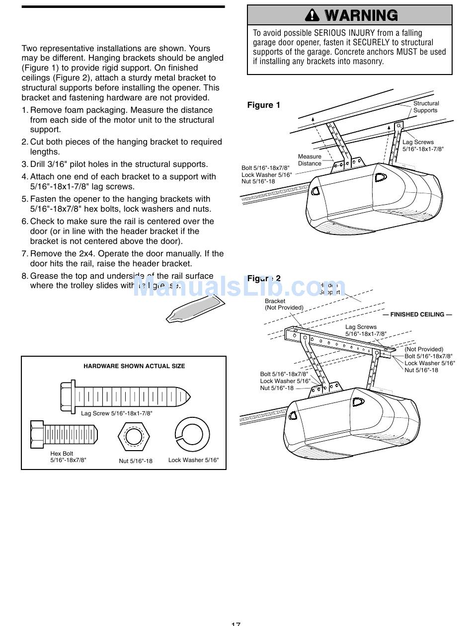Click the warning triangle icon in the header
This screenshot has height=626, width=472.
(312, 15)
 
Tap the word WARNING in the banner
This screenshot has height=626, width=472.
(361, 15)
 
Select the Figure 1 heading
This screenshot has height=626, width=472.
(264, 105)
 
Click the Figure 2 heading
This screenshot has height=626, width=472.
(264, 278)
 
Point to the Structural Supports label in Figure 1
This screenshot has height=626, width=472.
(426, 107)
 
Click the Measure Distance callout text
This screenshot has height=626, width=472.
(310, 160)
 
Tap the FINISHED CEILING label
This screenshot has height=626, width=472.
(417, 314)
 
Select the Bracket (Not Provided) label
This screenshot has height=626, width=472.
(284, 304)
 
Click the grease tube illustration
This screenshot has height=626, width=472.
(194, 309)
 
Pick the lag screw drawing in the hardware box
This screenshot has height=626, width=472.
(125, 396)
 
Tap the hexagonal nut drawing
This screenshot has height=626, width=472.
(134, 437)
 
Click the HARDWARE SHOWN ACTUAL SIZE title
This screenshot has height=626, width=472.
(134, 366)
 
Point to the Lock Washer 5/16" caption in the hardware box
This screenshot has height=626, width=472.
(193, 460)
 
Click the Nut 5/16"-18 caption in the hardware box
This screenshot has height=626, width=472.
(136, 461)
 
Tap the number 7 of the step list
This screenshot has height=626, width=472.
(24, 254)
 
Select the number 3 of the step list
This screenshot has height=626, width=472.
(24, 164)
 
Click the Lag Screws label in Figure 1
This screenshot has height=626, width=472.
(418, 142)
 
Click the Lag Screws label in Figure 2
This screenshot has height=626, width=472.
(361, 327)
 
